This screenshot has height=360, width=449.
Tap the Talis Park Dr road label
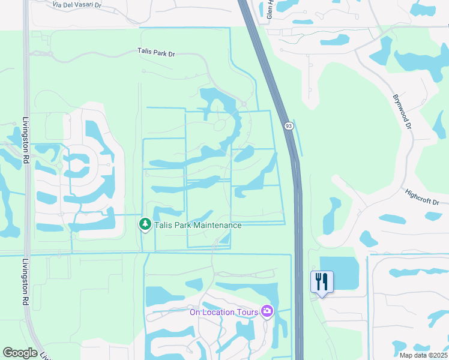point(154,53)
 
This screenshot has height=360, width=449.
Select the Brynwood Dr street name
point(402,112)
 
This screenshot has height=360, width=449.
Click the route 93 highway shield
point(289,126)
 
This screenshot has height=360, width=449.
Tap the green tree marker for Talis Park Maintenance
point(145,224)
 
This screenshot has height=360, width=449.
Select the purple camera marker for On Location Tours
point(267,311)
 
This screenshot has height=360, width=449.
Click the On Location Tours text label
point(223,312)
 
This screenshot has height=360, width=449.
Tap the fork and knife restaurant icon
point(322,281)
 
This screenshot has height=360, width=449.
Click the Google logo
point(20,353)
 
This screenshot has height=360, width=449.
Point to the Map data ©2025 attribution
point(423,355)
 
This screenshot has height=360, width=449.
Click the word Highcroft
point(418,196)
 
